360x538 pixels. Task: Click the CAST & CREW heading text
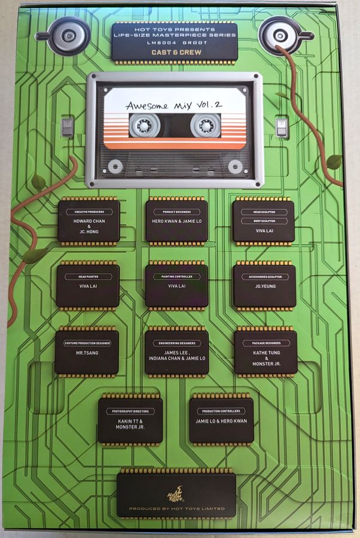(174, 52)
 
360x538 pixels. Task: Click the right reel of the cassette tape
(205, 126)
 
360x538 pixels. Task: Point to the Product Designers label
(176, 212)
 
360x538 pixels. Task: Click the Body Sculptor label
(263, 221)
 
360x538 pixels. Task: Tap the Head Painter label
(88, 276)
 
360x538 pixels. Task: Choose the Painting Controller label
(176, 277)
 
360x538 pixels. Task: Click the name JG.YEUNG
(264, 286)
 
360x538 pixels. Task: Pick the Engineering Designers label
(176, 343)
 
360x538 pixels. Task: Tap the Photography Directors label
(130, 411)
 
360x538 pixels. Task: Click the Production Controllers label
(221, 411)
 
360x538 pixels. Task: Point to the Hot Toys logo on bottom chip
(176, 493)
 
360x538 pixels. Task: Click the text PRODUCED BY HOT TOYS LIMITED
(176, 509)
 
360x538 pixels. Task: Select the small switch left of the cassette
(68, 127)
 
